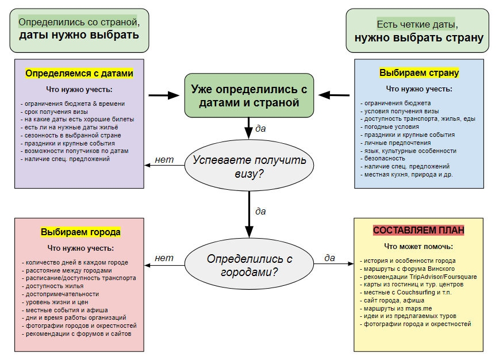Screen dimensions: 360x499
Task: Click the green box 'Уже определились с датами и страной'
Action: coord(249,95)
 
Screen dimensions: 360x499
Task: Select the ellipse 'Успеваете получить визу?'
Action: coord(249,166)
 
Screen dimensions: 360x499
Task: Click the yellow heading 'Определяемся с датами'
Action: coord(79,74)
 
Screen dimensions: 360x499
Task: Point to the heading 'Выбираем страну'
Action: coord(419,73)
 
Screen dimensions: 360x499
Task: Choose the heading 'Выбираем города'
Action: coord(80,232)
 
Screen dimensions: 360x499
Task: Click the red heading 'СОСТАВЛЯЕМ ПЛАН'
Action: coord(419,230)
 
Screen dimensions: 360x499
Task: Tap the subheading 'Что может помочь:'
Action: coord(419,247)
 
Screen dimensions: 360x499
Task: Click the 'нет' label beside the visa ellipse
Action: coord(164,159)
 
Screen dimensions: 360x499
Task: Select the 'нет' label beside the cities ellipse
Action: coord(164,258)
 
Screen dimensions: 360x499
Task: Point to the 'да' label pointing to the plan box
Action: coord(329,258)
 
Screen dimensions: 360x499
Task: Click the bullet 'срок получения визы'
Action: coord(55,111)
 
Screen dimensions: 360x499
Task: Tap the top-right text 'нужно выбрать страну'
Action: coord(419,39)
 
